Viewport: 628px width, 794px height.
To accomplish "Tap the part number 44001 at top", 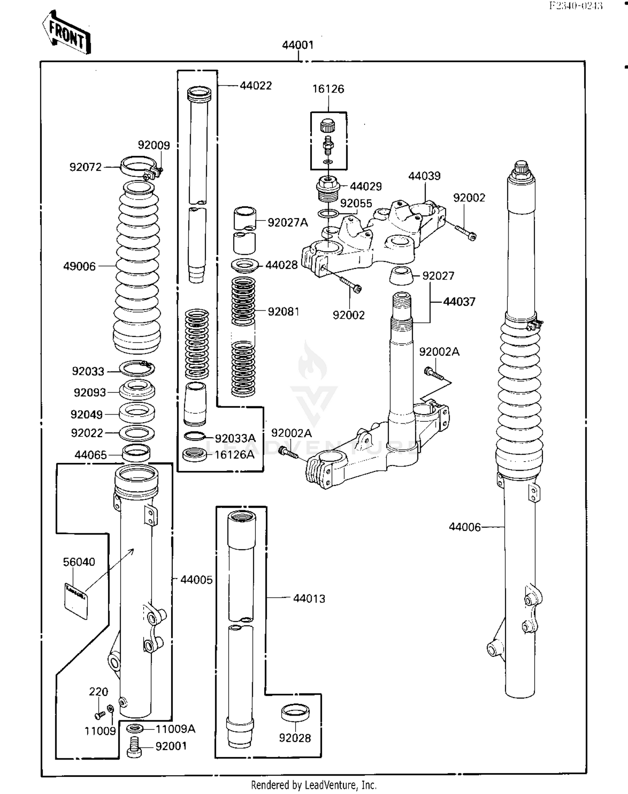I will click(x=298, y=45).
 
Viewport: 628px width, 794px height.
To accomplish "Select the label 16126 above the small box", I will click(x=328, y=89).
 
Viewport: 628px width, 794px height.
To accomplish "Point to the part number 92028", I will click(x=295, y=738).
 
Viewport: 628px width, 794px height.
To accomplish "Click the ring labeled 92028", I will click(x=295, y=712).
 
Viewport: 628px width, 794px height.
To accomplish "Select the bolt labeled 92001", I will click(x=134, y=747).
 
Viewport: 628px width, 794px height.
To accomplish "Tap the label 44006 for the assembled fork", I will click(x=465, y=527).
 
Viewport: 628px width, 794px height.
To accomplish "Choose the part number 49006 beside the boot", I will click(x=79, y=266).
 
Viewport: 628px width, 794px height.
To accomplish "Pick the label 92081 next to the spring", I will click(x=283, y=311).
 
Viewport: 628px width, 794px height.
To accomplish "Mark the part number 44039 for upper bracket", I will click(x=424, y=176).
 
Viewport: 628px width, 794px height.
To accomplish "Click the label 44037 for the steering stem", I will click(x=459, y=301).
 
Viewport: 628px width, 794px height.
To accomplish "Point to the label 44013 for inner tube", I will click(x=309, y=598).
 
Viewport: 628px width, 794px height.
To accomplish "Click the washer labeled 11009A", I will click(x=135, y=729).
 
